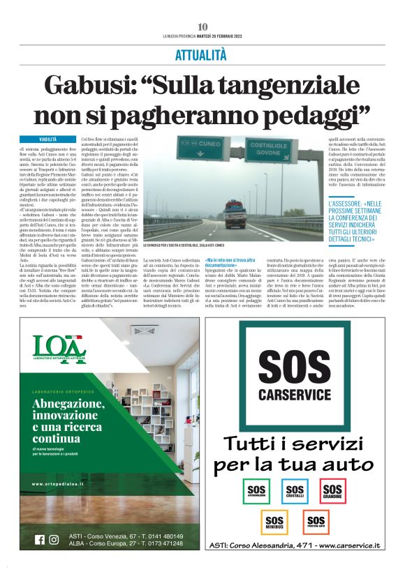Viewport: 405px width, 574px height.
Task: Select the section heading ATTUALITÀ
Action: [x=202, y=53]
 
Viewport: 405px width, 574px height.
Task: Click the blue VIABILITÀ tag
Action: [x=48, y=140]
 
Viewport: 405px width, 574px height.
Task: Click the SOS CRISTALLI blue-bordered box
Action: [x=295, y=491]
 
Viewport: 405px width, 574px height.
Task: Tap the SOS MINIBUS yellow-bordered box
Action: [x=274, y=522]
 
